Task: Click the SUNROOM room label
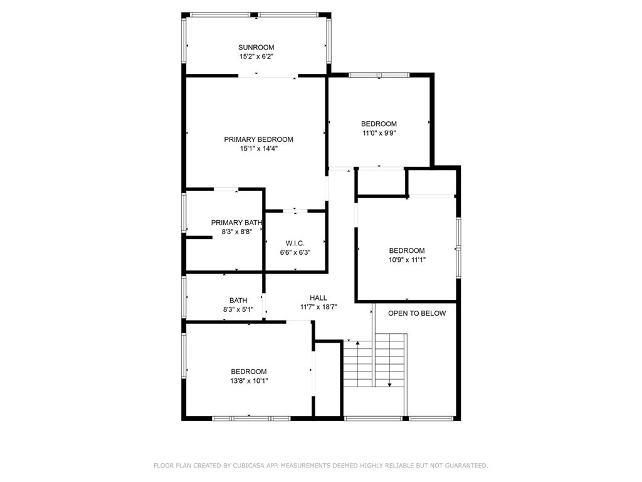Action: [256, 47]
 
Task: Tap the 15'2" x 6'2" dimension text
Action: [256, 56]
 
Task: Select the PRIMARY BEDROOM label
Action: [258, 139]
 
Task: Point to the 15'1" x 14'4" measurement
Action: [258, 149]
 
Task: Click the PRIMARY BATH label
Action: [236, 222]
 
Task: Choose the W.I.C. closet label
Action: [295, 243]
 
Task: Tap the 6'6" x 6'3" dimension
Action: [295, 252]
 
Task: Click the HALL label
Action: [318, 297]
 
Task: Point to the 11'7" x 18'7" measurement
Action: [318, 307]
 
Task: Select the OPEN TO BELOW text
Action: [417, 313]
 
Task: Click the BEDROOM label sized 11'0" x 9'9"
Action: [379, 124]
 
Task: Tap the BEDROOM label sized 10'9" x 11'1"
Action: [407, 250]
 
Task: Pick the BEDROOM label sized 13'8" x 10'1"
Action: [248, 371]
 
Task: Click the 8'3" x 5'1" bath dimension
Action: [238, 309]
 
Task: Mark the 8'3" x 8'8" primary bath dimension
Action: [236, 232]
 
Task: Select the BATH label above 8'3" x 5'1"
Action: [238, 300]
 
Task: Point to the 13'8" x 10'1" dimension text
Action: [248, 380]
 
